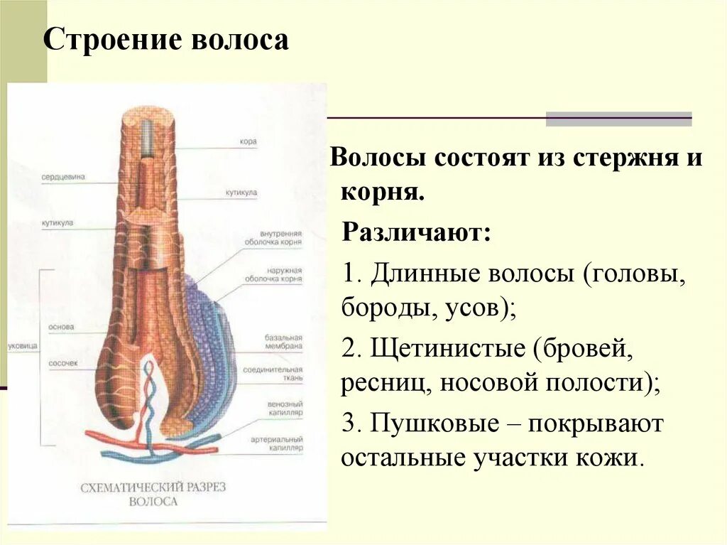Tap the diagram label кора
[x=248, y=141]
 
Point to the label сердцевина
[x=63, y=177]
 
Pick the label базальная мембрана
[x=284, y=341]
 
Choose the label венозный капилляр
[x=284, y=407]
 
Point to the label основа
[x=62, y=328]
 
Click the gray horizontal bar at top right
[x=618, y=119]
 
